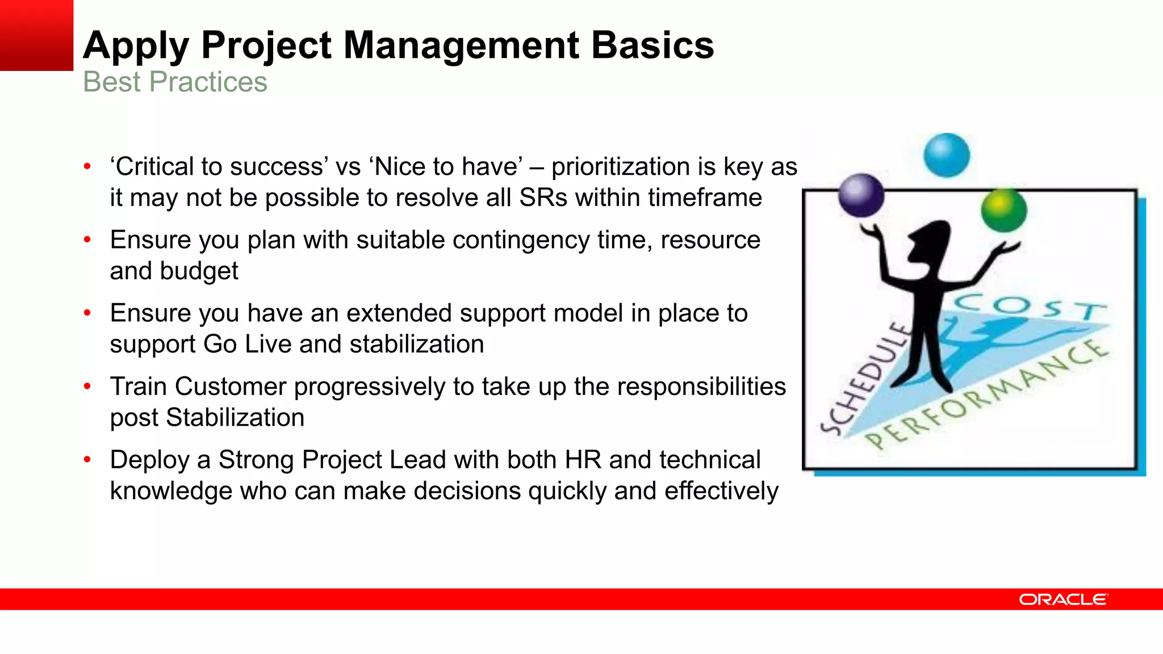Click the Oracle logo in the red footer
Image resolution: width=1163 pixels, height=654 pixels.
point(1062,599)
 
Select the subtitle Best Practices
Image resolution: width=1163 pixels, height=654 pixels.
point(175,82)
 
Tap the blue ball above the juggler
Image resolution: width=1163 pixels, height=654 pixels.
point(946,155)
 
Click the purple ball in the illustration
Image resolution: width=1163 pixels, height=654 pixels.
point(861,195)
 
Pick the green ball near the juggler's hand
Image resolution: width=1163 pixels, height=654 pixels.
point(1003,210)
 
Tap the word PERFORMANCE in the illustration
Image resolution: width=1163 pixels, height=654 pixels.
point(988,394)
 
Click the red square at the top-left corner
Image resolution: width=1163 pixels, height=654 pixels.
point(36,35)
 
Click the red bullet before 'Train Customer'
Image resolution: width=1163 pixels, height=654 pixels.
point(87,387)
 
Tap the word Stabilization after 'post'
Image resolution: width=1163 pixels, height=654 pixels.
point(235,418)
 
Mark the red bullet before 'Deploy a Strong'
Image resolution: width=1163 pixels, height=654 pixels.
point(87,460)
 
